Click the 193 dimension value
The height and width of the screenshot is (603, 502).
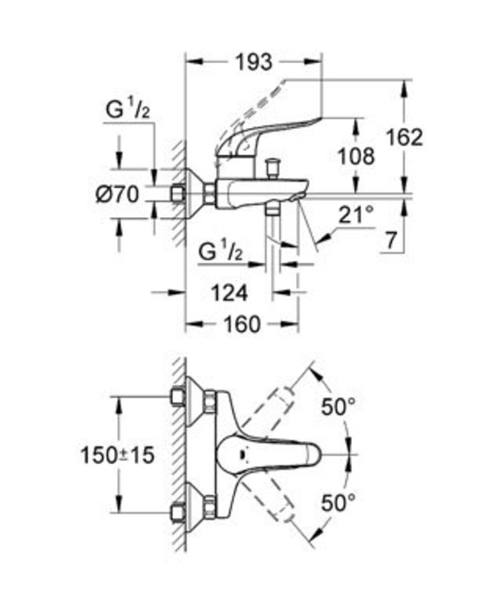254,62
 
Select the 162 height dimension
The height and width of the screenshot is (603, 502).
405,136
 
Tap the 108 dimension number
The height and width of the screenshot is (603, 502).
356,156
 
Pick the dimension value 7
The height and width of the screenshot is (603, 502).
391,240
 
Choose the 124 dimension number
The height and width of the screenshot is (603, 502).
229,293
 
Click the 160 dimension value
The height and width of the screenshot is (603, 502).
242,324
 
